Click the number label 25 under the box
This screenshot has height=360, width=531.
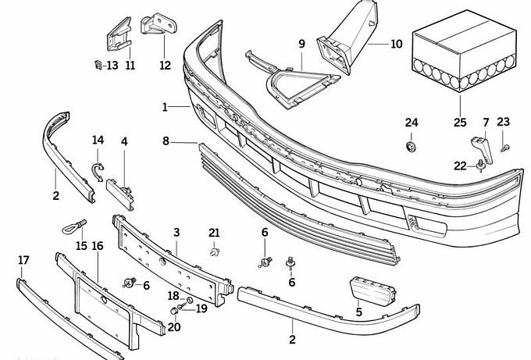coord(459,123)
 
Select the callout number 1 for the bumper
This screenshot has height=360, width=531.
coord(165,107)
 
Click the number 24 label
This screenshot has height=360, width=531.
coord(412,123)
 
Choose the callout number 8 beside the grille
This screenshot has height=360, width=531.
coord(166,141)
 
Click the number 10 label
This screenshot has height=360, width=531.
coord(396,45)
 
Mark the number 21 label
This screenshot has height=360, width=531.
coord(215,232)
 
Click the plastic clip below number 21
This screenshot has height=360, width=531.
coord(214,251)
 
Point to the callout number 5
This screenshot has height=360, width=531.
coord(358,312)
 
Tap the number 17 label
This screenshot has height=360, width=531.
coord(23,260)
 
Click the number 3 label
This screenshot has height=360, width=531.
coord(176,233)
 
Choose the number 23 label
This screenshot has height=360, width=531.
coord(503,122)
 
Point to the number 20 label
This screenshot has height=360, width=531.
coord(173,327)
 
